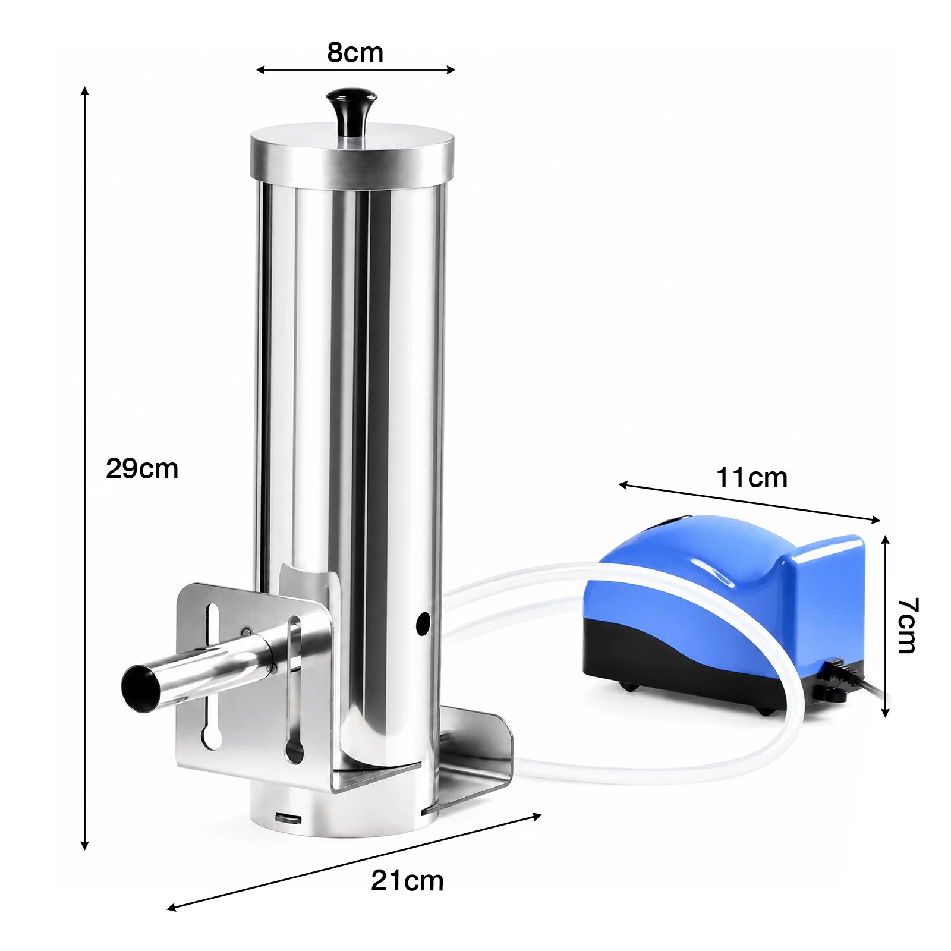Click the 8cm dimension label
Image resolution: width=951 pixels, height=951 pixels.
[355, 52]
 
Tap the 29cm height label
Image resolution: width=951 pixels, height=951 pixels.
[142, 469]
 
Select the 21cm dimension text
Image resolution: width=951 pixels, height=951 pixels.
[407, 881]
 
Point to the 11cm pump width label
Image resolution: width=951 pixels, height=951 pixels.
[752, 478]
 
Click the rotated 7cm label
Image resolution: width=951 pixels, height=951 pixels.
[907, 625]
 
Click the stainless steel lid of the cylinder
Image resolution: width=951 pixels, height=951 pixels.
[352, 158]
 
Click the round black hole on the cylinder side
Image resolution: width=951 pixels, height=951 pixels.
[423, 623]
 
